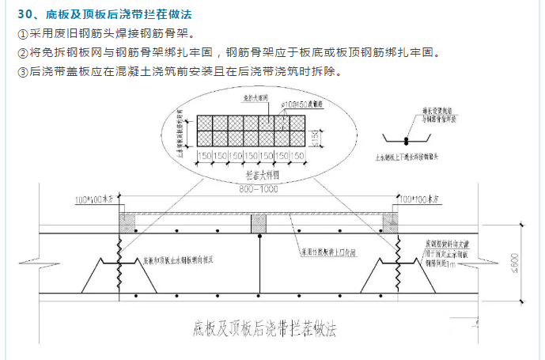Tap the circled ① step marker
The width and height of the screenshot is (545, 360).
click(21, 35)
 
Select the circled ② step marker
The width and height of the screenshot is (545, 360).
click(21, 54)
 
